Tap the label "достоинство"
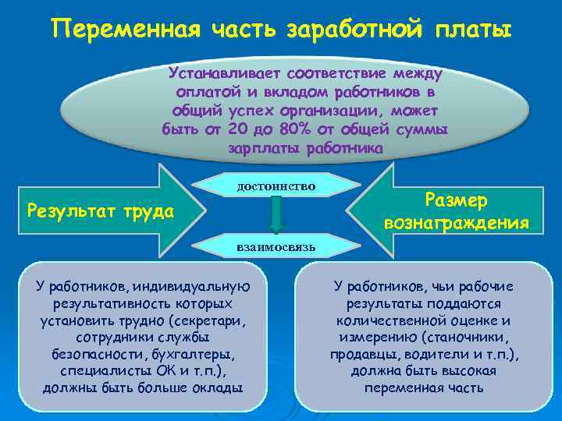coord(276,186)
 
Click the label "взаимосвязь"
coord(276,246)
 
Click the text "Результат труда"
coord(100,210)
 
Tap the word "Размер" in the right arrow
coord(457,200)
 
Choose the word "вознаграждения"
coord(457,224)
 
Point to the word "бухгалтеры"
coord(199,354)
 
